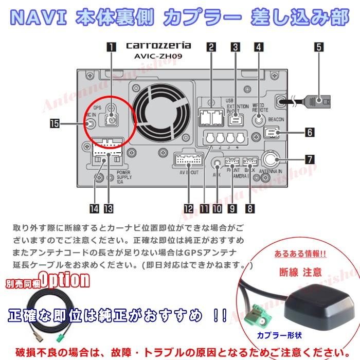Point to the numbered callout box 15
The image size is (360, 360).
[x=54, y=123]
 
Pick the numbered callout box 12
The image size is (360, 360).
[x=188, y=209]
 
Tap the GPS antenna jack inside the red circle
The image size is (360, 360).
[x=111, y=120]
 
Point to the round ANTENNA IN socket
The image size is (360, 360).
[x=271, y=158]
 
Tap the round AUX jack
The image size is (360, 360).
[x=217, y=164]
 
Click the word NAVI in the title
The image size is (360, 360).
[x=40, y=19]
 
